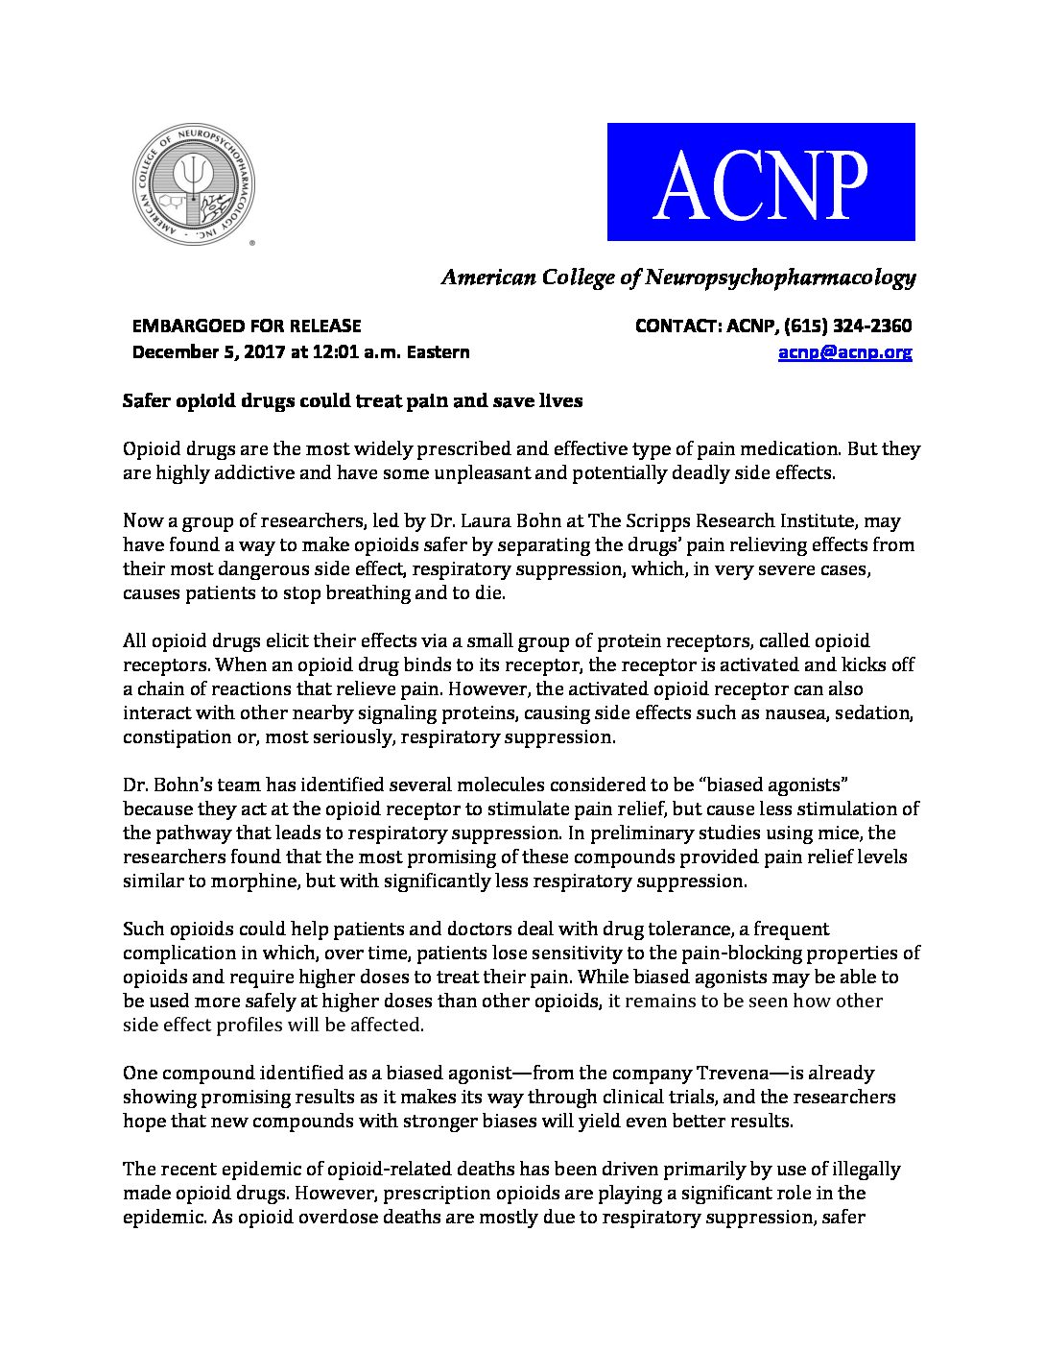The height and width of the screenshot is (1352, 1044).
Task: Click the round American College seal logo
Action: click(x=194, y=183)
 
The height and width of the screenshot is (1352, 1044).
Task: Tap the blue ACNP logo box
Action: click(x=761, y=181)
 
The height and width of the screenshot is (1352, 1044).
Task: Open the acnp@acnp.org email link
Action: click(x=844, y=351)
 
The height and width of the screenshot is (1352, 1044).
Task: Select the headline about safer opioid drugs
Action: click(x=352, y=400)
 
